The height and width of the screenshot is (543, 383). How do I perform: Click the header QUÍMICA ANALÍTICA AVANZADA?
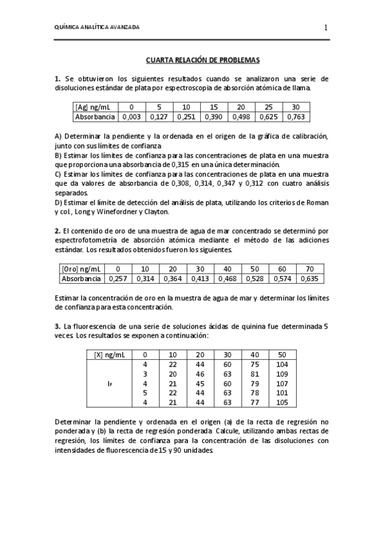point(97,28)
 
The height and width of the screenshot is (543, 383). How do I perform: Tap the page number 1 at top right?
point(325,28)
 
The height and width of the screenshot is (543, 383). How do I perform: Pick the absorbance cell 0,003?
point(131,117)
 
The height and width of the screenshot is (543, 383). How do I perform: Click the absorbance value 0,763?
point(295,117)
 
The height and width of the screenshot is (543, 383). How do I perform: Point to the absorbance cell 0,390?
point(214,117)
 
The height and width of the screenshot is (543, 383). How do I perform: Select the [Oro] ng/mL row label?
point(82,269)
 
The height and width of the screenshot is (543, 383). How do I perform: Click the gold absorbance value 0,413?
point(199,279)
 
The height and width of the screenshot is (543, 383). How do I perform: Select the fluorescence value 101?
point(281,393)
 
